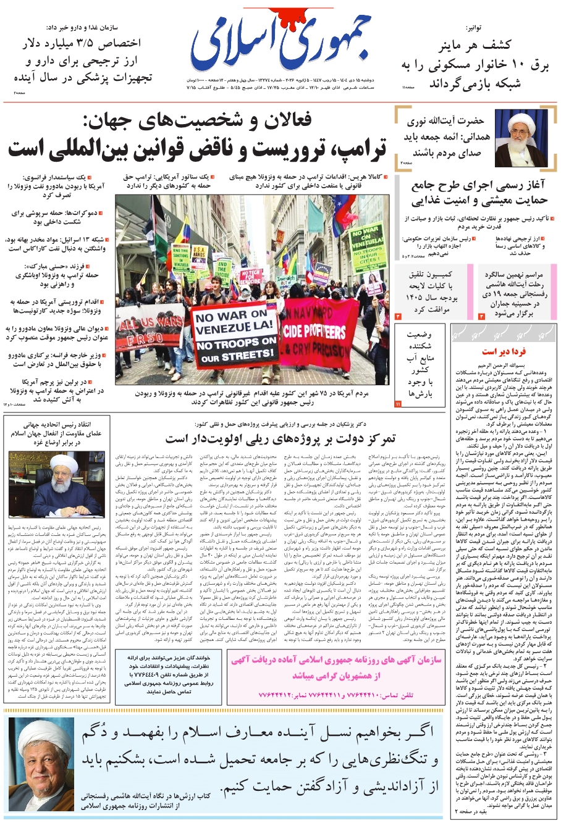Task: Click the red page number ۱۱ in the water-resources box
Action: pyautogui.click(x=398, y=403)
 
